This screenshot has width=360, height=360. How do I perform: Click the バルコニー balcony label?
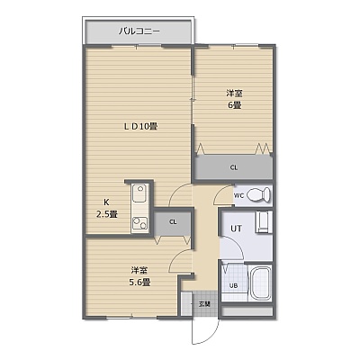(139, 31)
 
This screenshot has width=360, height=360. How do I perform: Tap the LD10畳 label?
(140, 127)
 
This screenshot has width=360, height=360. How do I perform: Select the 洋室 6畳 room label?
(234, 99)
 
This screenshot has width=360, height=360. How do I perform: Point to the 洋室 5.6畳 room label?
(139, 276)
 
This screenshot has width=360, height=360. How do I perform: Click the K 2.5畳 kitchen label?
(106, 208)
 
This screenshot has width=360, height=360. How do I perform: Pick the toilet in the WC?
(259, 195)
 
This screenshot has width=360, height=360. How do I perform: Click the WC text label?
(238, 196)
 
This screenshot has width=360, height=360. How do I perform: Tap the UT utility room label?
(236, 229)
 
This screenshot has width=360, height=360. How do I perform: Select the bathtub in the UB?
(261, 283)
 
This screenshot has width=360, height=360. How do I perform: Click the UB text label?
(233, 285)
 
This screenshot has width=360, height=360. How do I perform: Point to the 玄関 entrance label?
(204, 303)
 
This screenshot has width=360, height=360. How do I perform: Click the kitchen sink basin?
(139, 193)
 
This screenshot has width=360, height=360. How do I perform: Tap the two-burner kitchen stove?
(139, 223)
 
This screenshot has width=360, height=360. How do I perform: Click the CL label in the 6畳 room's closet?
(234, 168)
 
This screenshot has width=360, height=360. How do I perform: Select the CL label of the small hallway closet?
(173, 222)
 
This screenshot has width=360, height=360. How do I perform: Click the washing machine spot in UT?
(264, 222)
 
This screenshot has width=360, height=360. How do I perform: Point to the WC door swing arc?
(220, 192)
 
